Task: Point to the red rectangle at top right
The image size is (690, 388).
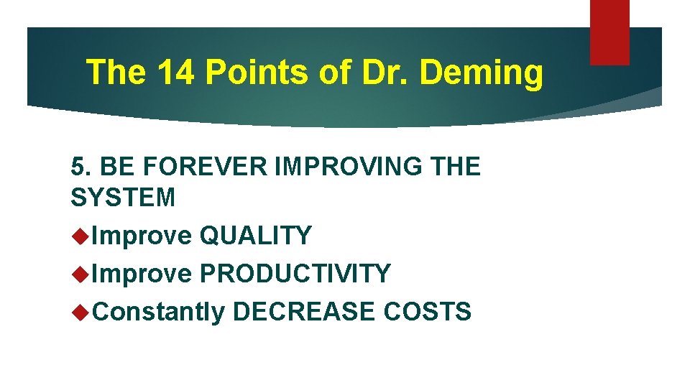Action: pos(609,32)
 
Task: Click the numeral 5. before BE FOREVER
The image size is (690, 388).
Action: pos(80,166)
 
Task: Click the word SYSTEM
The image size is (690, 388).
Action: pos(123,197)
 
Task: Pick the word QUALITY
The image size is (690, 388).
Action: pos(255,235)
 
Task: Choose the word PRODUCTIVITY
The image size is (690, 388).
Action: pos(295,273)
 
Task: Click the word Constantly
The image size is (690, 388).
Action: pos(159,311)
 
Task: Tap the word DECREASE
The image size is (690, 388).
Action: pos(304,311)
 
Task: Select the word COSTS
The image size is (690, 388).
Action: pos(427,311)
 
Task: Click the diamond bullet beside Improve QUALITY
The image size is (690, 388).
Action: pos(80,235)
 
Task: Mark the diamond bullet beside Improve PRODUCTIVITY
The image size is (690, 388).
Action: pos(80,273)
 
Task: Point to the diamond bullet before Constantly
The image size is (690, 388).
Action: pos(80,311)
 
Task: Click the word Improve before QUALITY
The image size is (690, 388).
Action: pos(142,235)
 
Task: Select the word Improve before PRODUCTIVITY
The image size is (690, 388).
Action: pos(142,273)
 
